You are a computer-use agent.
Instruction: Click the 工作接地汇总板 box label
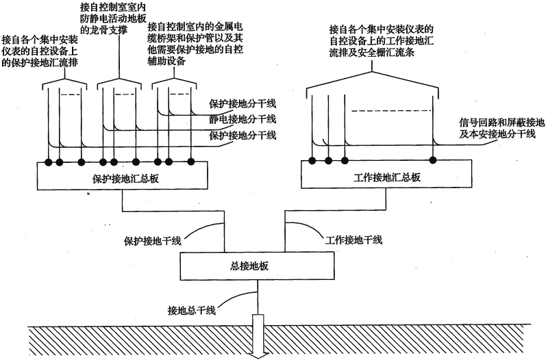click(387, 178)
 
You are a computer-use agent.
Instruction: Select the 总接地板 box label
click(249, 266)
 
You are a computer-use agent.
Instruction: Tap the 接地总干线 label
click(192, 310)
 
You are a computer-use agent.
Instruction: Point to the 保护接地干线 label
click(153, 242)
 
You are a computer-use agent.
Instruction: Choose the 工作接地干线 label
click(353, 240)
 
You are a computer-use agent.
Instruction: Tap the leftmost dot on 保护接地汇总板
click(48, 162)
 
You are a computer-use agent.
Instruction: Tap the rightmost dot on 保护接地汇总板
click(191, 162)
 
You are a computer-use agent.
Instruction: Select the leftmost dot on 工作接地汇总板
click(312, 161)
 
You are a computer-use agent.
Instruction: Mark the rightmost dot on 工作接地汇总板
click(433, 160)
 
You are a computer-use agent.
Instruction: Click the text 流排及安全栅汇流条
click(373, 53)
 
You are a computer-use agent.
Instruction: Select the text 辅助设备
click(166, 62)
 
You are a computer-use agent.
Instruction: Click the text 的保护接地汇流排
click(40, 63)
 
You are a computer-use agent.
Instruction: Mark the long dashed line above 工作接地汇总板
click(392, 111)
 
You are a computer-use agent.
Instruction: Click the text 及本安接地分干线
click(497, 133)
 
